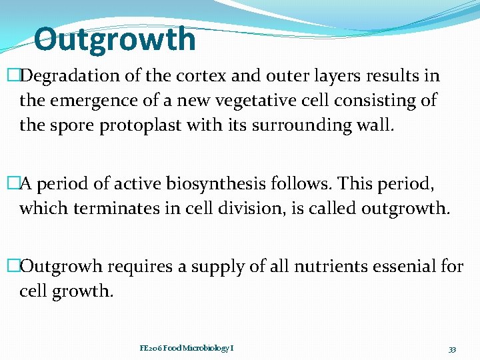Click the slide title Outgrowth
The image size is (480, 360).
(x=115, y=39)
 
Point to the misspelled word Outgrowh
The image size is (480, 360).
(x=63, y=267)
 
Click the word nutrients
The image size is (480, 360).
(x=305, y=267)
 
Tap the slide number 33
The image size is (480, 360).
(x=451, y=349)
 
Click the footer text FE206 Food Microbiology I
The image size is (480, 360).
(x=186, y=348)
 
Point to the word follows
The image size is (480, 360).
(x=305, y=184)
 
